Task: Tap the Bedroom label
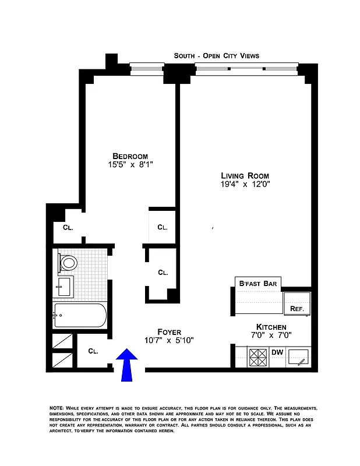(130, 156)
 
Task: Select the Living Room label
(245, 175)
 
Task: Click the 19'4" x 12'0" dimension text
(245, 185)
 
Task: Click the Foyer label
(169, 331)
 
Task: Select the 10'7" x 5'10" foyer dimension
(169, 340)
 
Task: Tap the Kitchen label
(271, 327)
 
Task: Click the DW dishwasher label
(277, 352)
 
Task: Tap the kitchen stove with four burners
(257, 356)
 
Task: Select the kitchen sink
(301, 356)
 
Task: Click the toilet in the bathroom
(68, 262)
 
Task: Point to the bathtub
(80, 316)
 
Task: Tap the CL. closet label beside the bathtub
(93, 351)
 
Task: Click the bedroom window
(148, 69)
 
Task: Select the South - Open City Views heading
(216, 56)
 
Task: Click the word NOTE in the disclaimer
(57, 408)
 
